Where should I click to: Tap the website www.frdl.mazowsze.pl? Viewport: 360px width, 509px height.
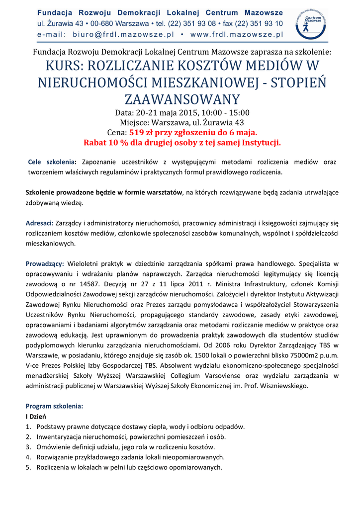click(237, 34)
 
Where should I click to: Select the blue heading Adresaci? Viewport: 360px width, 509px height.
click(39, 223)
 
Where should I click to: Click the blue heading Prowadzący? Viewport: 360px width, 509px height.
click(44, 263)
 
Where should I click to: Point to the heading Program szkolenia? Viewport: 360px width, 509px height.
click(54, 406)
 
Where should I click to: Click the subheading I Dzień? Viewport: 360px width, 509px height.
click(36, 416)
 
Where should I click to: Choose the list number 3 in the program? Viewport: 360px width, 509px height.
click(28, 447)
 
